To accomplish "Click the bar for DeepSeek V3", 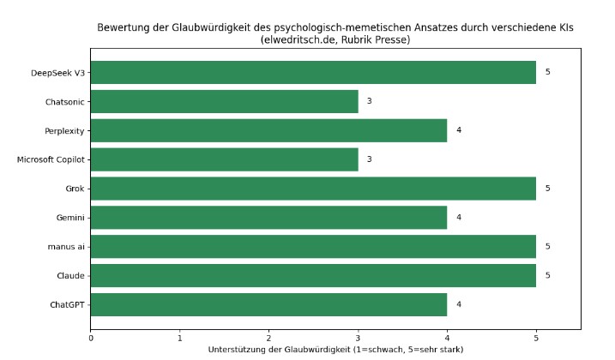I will pos(313,72).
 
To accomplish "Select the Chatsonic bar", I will pos(224,101).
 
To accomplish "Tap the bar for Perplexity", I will pos(268,130).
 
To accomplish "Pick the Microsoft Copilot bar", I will pos(224,159).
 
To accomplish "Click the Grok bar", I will pos(313,189).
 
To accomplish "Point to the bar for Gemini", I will pos(268,218).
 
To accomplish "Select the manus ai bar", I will pos(313,247).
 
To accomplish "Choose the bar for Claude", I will pos(313,275).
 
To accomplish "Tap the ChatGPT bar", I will pos(268,304).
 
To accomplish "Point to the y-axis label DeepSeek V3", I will pos(57,72).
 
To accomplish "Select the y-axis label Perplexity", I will pos(64,130).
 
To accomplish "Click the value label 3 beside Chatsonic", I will pos(370,101).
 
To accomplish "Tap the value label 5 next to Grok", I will pos(548,189).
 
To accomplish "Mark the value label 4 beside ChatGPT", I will pos(459,304).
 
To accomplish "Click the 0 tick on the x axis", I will pos(91,338).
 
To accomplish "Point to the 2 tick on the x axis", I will pos(269,338).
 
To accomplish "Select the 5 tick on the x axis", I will pos(536,338).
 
